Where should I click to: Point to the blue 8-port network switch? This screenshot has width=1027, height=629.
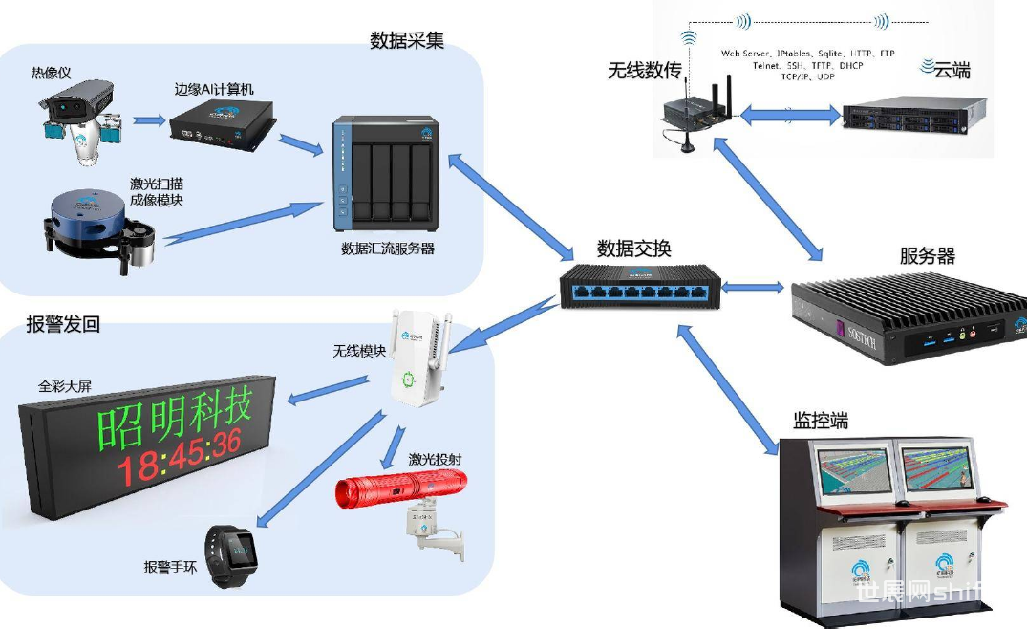tap(638, 286)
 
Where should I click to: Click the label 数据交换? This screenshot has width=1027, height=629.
tap(633, 249)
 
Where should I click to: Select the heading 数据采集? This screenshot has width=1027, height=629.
tap(407, 40)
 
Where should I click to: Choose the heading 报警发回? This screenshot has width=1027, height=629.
tap(63, 325)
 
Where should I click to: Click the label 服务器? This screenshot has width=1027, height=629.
tap(927, 256)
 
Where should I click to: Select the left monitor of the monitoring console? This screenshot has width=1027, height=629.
tap(854, 472)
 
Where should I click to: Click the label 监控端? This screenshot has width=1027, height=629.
tap(820, 421)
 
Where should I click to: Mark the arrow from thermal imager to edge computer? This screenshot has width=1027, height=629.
tap(148, 120)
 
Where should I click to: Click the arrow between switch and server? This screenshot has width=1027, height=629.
tap(754, 286)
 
